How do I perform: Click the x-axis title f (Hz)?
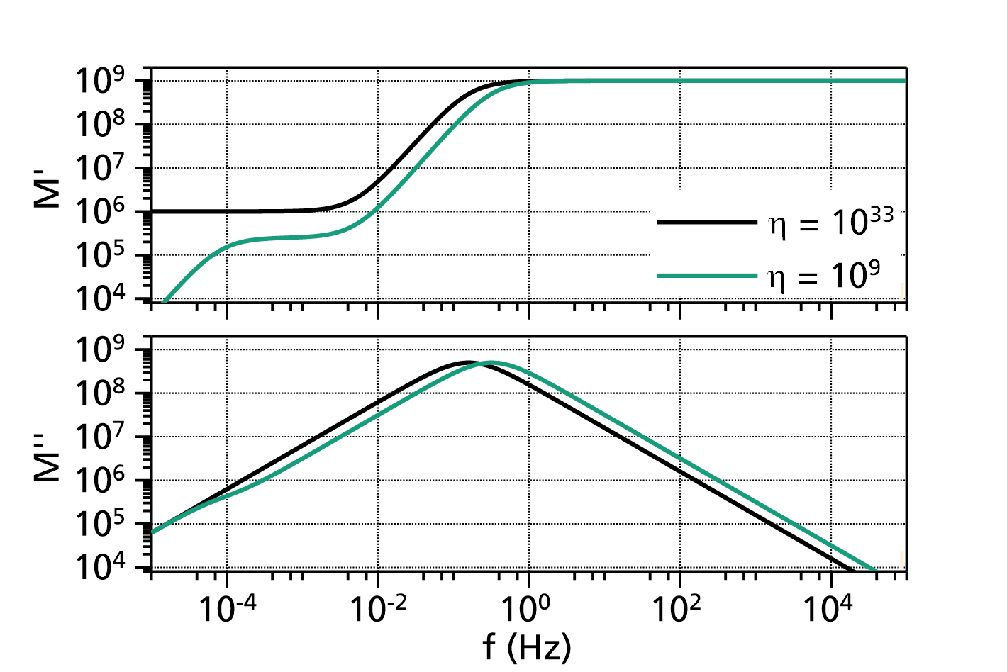(x=527, y=648)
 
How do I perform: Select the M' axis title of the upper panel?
(x=47, y=194)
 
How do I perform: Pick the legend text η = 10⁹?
(x=823, y=276)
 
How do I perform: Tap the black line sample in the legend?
(x=707, y=222)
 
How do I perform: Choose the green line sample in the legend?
(x=707, y=276)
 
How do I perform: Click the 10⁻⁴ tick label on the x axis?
(x=227, y=609)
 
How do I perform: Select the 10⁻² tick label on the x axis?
(x=378, y=609)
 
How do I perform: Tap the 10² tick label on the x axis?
(x=676, y=609)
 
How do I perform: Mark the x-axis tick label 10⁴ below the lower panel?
(x=828, y=609)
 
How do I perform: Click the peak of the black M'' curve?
(x=467, y=362)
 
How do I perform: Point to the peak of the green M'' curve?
(x=491, y=362)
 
